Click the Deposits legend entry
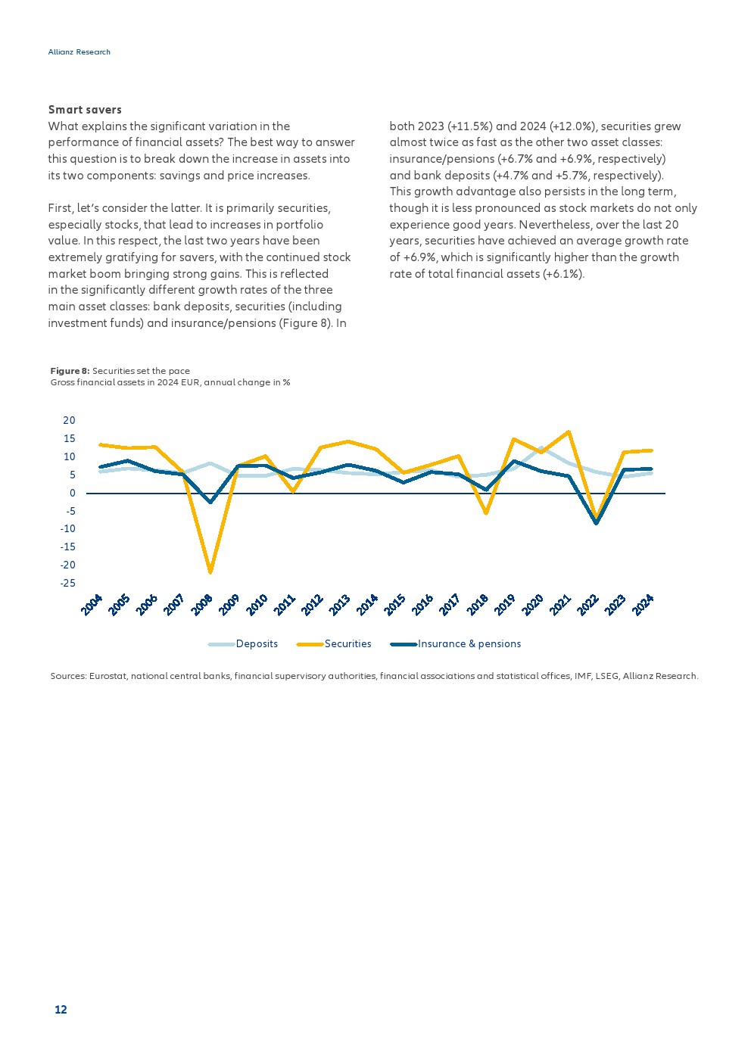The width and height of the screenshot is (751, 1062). click(257, 644)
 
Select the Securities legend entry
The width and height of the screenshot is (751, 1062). click(347, 644)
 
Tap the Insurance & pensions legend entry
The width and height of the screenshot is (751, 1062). click(469, 644)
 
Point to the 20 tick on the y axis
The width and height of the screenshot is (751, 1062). click(69, 421)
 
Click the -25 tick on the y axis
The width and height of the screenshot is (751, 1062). click(68, 584)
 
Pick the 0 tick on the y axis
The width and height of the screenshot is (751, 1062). click(73, 494)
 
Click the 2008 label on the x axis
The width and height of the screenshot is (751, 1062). click(202, 605)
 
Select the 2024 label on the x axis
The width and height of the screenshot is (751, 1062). click(643, 605)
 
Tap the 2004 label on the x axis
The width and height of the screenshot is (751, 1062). click(92, 605)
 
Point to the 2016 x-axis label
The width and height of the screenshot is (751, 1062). click(422, 605)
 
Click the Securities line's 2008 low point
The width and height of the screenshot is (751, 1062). click(210, 571)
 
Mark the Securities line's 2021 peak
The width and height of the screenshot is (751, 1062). click(569, 432)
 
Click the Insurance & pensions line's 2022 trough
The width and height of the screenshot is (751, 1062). click(597, 522)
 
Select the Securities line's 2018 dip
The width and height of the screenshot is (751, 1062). click(486, 513)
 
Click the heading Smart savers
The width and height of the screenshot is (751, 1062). click(85, 110)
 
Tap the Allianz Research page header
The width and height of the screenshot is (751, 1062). click(79, 52)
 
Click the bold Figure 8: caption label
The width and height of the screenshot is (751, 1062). click(70, 371)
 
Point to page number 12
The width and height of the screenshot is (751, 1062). click(61, 1010)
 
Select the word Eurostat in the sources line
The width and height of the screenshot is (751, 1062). click(108, 676)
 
